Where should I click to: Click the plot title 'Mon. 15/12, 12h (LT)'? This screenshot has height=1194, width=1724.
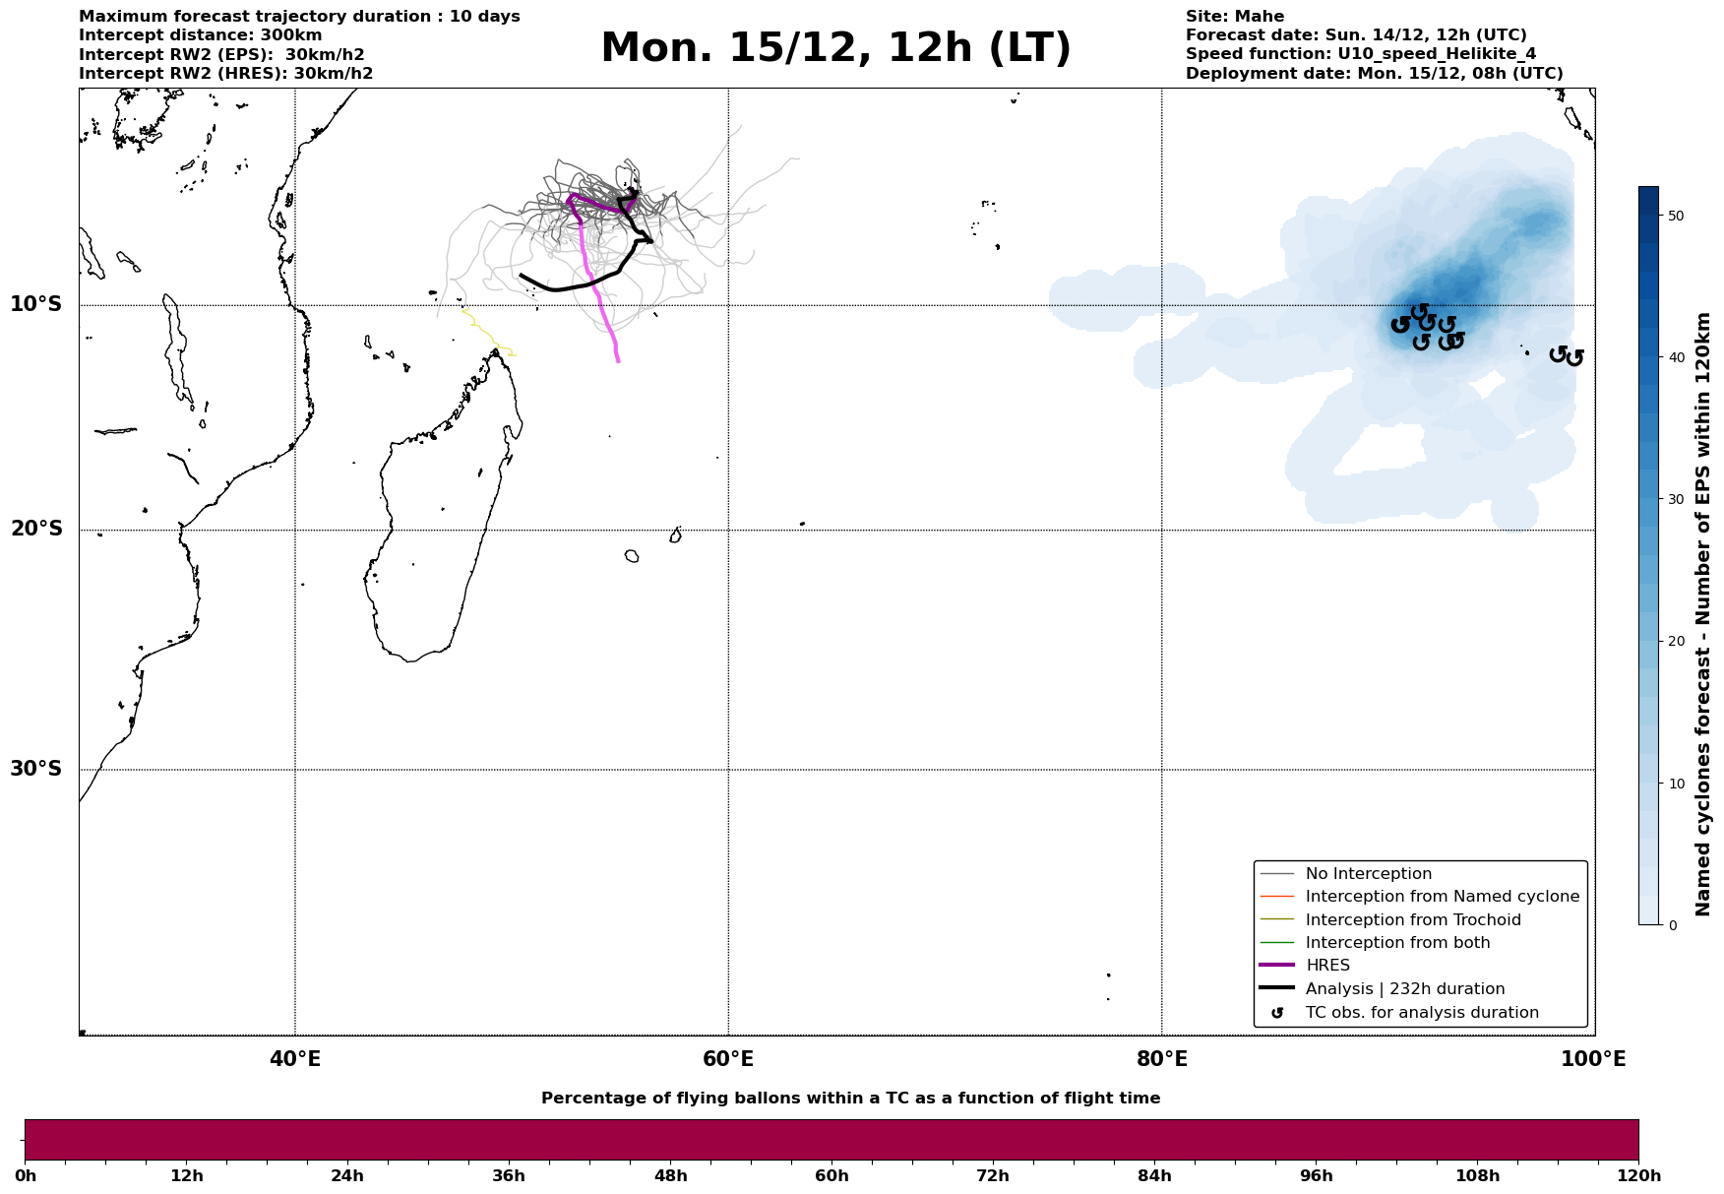(x=835, y=48)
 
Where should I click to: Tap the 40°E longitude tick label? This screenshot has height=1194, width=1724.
(x=295, y=1059)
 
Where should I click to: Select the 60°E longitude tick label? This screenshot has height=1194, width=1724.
(x=728, y=1059)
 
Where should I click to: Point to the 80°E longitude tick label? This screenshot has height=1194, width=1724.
(x=1161, y=1059)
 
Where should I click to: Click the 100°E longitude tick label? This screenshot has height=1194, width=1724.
(x=1594, y=1059)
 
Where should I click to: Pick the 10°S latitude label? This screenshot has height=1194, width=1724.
(x=36, y=304)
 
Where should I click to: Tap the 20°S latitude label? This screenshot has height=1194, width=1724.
(x=36, y=530)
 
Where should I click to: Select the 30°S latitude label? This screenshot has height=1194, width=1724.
(x=36, y=769)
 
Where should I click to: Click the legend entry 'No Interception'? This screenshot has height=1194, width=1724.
(x=1368, y=874)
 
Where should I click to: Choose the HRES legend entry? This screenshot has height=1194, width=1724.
(x=1327, y=966)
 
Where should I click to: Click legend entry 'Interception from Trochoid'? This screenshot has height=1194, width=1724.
(x=1412, y=920)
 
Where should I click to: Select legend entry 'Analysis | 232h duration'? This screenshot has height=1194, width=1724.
(x=1404, y=989)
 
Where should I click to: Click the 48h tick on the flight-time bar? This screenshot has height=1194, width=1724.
(x=670, y=1175)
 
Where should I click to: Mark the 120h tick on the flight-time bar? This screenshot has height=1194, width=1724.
(x=1638, y=1175)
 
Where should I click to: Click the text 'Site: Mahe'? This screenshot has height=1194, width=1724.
(x=1234, y=17)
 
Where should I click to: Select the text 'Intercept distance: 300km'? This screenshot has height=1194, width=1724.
(x=200, y=35)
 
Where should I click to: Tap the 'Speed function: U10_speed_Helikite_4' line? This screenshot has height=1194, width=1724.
(x=1360, y=54)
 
